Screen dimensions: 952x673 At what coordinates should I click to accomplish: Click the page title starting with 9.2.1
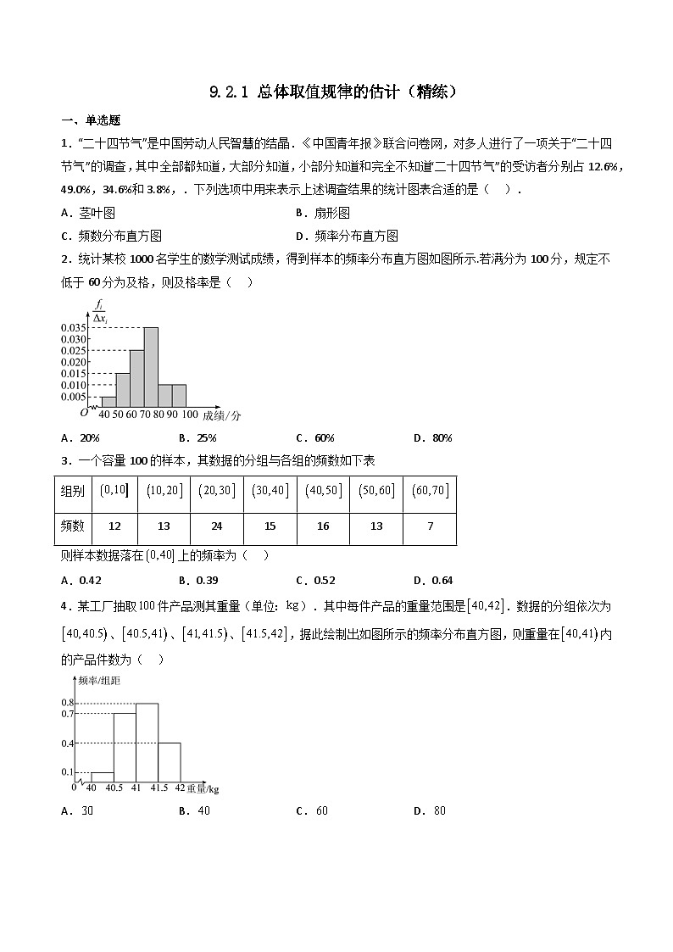coord(336,92)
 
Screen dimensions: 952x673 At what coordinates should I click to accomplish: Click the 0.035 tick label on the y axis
coord(73,327)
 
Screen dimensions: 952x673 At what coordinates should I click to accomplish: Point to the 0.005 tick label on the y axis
coord(73,397)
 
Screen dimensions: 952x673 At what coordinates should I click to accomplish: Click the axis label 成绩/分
coord(222,415)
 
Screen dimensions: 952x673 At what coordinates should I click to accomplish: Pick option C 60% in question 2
coord(315,438)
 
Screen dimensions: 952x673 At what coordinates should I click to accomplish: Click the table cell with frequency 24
coord(217,526)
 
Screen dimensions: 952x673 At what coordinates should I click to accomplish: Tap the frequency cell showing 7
coord(430,526)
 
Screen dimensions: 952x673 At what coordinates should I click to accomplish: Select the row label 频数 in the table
coord(73,526)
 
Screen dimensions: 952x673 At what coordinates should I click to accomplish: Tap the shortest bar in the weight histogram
coord(103,777)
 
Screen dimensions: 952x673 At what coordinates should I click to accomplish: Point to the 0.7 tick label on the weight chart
coord(68,715)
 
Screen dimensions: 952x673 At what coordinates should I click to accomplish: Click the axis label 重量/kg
coord(203,789)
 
